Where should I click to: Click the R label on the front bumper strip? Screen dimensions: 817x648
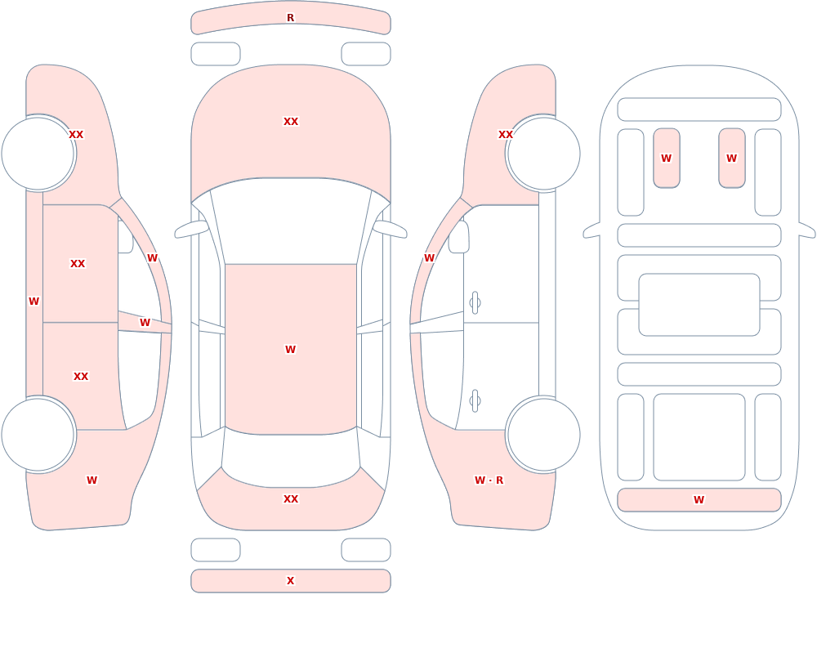290,18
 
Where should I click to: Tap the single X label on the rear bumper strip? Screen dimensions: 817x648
290,580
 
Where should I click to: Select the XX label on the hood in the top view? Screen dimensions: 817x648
291,122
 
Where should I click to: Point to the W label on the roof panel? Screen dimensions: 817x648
290,349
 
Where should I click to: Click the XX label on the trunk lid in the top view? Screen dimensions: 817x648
291,499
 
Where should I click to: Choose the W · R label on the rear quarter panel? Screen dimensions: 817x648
489,480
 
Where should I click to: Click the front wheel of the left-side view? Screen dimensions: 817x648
38,154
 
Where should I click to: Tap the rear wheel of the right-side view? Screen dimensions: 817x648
543,434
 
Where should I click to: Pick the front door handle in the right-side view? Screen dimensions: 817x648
475,303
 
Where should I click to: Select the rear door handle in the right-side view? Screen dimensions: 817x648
475,401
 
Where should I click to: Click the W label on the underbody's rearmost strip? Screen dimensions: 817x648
699,499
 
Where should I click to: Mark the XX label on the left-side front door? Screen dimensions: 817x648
78,264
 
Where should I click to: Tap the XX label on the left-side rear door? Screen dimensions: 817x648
81,377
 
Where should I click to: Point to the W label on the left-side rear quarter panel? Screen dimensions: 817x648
92,480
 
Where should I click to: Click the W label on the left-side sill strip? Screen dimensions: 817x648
33,302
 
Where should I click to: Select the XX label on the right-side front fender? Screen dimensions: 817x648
506,135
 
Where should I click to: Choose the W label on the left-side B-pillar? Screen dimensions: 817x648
145,323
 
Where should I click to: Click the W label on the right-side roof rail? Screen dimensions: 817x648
429,258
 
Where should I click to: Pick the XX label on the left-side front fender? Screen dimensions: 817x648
76,135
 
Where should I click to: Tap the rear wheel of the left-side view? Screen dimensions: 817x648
38,434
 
